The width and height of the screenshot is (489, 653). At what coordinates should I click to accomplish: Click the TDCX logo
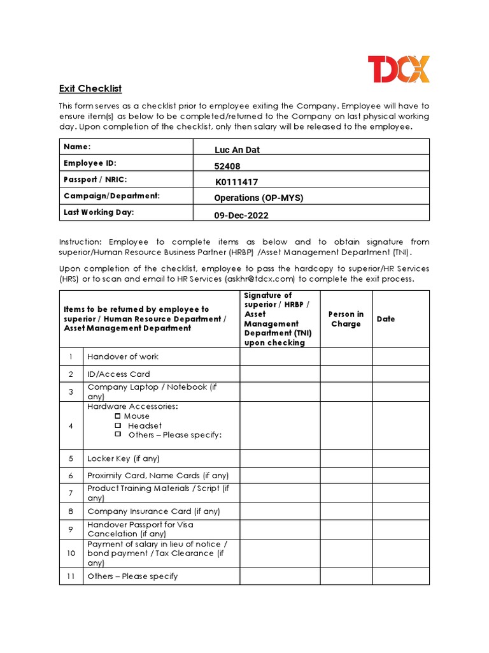pyautogui.click(x=399, y=69)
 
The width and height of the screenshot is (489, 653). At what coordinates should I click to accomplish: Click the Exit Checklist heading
pyautogui.click(x=90, y=89)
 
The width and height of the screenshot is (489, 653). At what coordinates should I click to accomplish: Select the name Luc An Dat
pyautogui.click(x=237, y=150)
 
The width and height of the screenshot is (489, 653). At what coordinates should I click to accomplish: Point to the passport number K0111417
pyautogui.click(x=236, y=182)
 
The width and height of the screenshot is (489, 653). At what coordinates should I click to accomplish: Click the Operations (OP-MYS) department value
pyautogui.click(x=259, y=198)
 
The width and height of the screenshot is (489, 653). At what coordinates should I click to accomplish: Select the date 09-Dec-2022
pyautogui.click(x=241, y=216)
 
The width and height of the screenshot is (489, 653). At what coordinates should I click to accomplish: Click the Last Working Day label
pyautogui.click(x=99, y=212)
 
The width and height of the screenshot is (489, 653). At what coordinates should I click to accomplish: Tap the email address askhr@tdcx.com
pyautogui.click(x=260, y=279)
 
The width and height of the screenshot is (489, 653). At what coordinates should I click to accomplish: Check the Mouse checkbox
pyautogui.click(x=118, y=416)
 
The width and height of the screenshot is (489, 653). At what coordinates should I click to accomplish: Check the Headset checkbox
pyautogui.click(x=118, y=425)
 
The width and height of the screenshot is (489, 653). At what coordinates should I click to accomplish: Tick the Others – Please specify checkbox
pyautogui.click(x=118, y=434)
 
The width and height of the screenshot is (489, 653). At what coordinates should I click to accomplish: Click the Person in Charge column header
pyautogui.click(x=346, y=319)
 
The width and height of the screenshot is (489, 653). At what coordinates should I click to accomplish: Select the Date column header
pyautogui.click(x=386, y=319)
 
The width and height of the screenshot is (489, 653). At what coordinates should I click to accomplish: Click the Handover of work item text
pyautogui.click(x=123, y=356)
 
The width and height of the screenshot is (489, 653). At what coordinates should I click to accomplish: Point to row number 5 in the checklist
pyautogui.click(x=71, y=459)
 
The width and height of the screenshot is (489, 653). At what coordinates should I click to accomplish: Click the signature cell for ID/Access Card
pyautogui.click(x=280, y=374)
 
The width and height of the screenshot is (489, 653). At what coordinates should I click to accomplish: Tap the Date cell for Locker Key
pyautogui.click(x=400, y=459)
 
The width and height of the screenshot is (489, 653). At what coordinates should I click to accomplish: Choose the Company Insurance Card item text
pyautogui.click(x=153, y=511)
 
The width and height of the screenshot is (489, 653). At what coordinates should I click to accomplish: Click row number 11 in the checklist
pyautogui.click(x=71, y=576)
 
